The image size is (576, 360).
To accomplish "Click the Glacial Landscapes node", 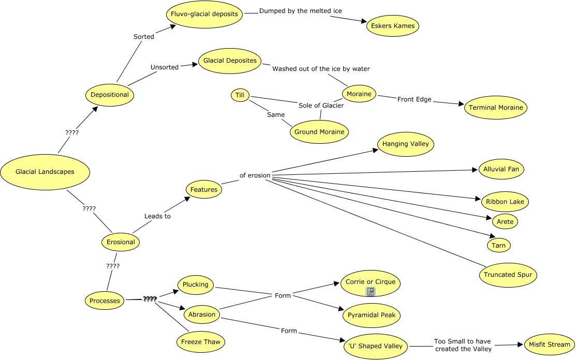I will pyautogui.click(x=45, y=172).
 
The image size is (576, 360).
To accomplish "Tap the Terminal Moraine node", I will pyautogui.click(x=496, y=108).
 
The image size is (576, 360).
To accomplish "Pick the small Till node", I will pyautogui.click(x=240, y=95).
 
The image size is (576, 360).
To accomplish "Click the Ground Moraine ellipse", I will pyautogui.click(x=319, y=132).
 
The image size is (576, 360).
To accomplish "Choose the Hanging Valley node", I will pyautogui.click(x=406, y=144).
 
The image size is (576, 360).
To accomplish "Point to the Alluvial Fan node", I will pyautogui.click(x=501, y=169).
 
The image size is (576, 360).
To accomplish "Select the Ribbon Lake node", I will pyautogui.click(x=505, y=201).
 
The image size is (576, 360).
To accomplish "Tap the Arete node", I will pyautogui.click(x=505, y=222).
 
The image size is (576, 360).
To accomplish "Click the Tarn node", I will pyautogui.click(x=499, y=245).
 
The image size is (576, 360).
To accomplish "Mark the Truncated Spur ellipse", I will pyautogui.click(x=508, y=275).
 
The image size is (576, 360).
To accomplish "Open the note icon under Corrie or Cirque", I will pyautogui.click(x=371, y=292).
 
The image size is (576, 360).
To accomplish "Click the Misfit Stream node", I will pyautogui.click(x=549, y=344).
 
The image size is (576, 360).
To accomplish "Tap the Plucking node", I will pyautogui.click(x=196, y=284).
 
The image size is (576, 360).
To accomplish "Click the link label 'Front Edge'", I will pyautogui.click(x=414, y=99).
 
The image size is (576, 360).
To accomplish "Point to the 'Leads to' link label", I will pyautogui.click(x=157, y=216).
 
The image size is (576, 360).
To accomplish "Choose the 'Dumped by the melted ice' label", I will pyautogui.click(x=300, y=11).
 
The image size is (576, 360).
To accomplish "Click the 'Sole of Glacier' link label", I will pyautogui.click(x=321, y=106).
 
